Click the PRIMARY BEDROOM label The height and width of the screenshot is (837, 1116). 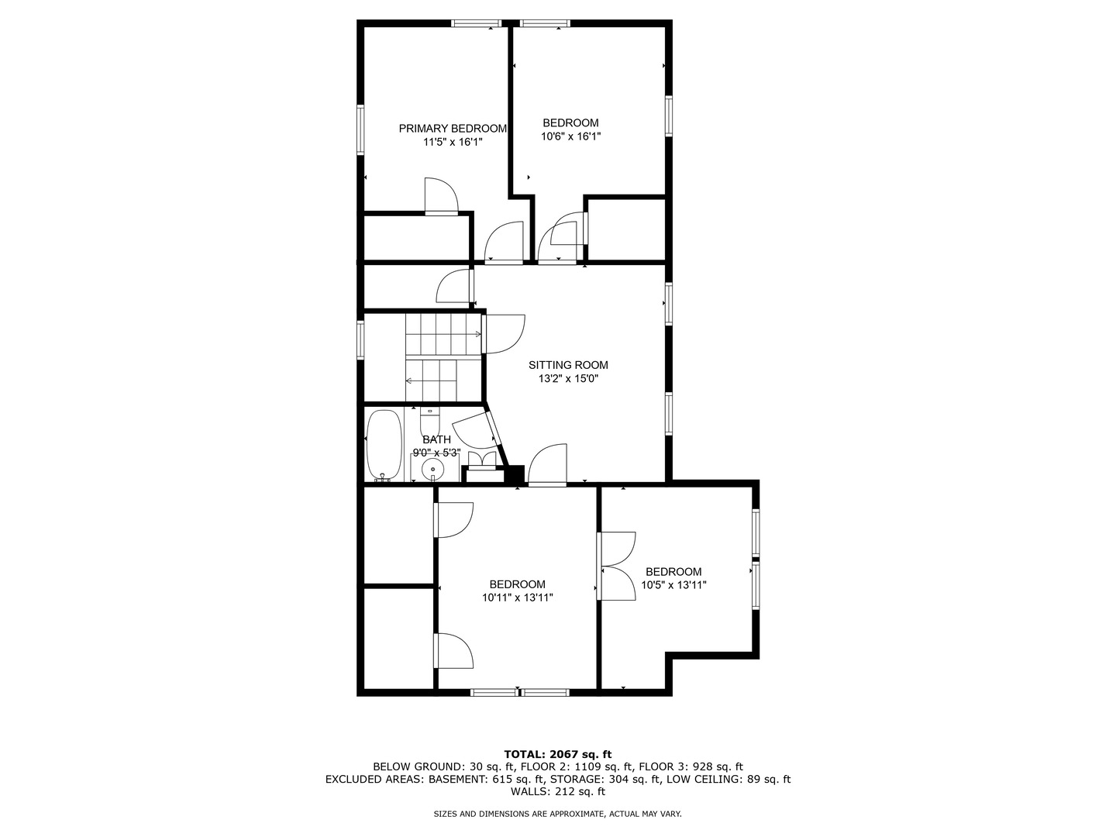pyautogui.click(x=453, y=129)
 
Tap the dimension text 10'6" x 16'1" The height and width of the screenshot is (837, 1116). pyautogui.click(x=570, y=136)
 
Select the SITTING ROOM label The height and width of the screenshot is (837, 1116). pyautogui.click(x=568, y=365)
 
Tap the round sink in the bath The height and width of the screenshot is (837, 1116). pyautogui.click(x=432, y=469)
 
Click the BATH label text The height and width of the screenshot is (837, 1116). pyautogui.click(x=436, y=439)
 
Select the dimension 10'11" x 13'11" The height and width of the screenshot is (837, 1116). pyautogui.click(x=517, y=598)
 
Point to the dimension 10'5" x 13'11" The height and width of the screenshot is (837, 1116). pyautogui.click(x=673, y=585)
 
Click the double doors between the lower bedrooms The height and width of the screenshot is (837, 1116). pyautogui.click(x=616, y=566)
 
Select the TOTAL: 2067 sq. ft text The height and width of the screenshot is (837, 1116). pyautogui.click(x=558, y=754)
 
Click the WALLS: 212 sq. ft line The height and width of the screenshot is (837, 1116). pyautogui.click(x=558, y=792)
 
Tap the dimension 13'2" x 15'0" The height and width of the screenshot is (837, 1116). pyautogui.click(x=568, y=379)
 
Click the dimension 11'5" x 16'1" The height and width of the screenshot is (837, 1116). pyautogui.click(x=453, y=142)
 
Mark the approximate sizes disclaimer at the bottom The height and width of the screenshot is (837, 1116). pyautogui.click(x=558, y=814)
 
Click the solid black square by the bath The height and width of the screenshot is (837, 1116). pyautogui.click(x=515, y=475)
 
